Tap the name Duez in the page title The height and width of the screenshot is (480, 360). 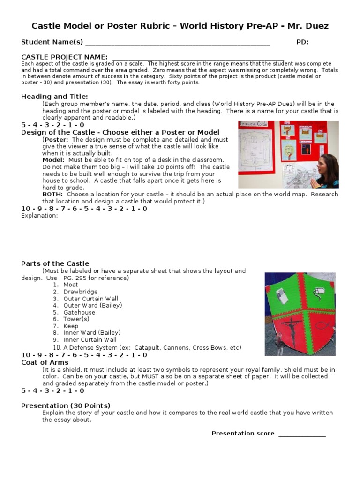pyautogui.click(x=317, y=26)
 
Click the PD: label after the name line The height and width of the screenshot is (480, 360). pyautogui.click(x=302, y=42)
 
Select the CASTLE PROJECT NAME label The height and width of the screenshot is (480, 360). pyautogui.click(x=64, y=57)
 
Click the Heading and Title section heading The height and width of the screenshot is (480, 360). pyautogui.click(x=54, y=97)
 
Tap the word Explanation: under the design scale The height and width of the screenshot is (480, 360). pyautogui.click(x=39, y=216)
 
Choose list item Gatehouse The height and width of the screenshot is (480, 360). pyautogui.click(x=79, y=312)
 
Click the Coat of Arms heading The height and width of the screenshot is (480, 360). pyautogui.click(x=45, y=362)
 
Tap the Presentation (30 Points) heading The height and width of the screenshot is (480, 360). pyautogui.click(x=66, y=405)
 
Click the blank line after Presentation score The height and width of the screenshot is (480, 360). pyautogui.click(x=302, y=434)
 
